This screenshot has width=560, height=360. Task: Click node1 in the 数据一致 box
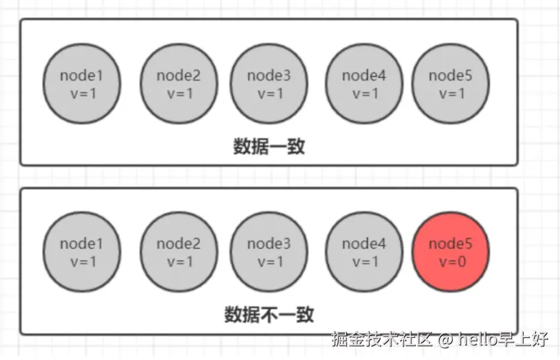(x=81, y=84)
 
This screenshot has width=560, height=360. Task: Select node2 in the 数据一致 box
(x=179, y=84)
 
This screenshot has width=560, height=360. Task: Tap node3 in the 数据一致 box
(x=269, y=84)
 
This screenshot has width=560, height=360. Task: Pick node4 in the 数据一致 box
(x=364, y=84)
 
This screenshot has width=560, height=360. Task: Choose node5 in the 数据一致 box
(x=451, y=84)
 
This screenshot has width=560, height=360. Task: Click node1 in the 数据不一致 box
(x=81, y=252)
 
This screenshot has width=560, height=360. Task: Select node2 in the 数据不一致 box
(x=179, y=252)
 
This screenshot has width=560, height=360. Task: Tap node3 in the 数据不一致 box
(x=269, y=252)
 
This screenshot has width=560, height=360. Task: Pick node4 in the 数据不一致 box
(x=364, y=252)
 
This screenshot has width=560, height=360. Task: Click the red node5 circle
(x=451, y=252)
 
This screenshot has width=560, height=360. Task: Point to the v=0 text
(x=451, y=261)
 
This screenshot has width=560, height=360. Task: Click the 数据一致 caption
(x=269, y=146)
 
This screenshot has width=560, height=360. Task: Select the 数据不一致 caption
(x=269, y=314)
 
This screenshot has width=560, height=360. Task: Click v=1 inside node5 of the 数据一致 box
(x=451, y=93)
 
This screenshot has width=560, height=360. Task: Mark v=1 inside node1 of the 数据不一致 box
(x=81, y=261)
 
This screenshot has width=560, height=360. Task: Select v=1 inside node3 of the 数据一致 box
(x=269, y=93)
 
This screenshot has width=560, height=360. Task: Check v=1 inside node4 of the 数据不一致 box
(x=364, y=261)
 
